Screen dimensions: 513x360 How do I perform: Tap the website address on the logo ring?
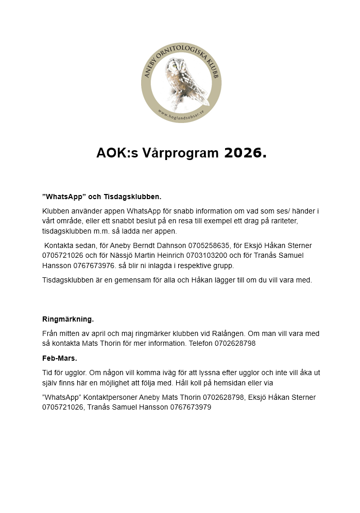pyautogui.click(x=181, y=115)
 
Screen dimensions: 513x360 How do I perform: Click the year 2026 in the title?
pyautogui.click(x=245, y=153)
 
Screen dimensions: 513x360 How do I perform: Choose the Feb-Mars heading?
pyautogui.click(x=60, y=357)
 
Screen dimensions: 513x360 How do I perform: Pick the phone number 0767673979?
pyautogui.click(x=186, y=407)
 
